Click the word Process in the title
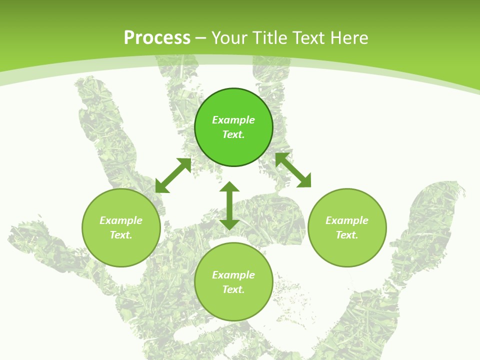tap(157, 38)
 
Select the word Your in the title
tap(228, 38)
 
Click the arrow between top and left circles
tap(173, 175)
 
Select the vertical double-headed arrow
tap(229, 205)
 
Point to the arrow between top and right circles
tap(293, 170)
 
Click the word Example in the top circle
tap(233, 120)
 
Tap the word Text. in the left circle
tap(121, 235)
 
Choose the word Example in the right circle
tap(347, 220)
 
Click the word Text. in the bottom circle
tap(233, 289)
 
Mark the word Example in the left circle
tap(121, 220)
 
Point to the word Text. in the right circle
tap(347, 235)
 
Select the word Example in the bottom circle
tap(233, 275)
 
